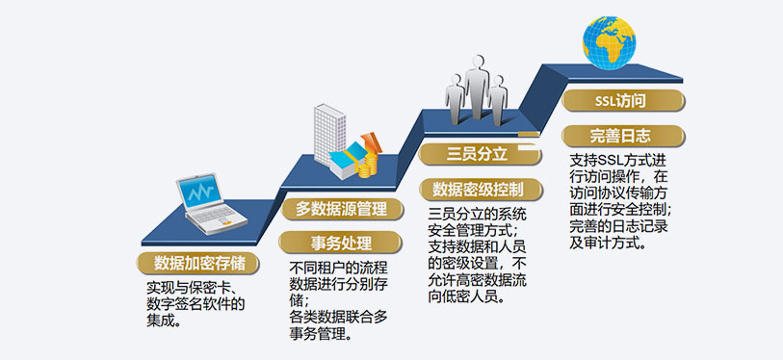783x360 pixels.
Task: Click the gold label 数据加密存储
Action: point(198,263)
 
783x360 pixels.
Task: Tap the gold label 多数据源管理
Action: point(342,209)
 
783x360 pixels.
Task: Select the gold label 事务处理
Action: point(342,243)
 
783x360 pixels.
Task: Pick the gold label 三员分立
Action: point(480,154)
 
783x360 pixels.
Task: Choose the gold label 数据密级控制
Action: point(480,190)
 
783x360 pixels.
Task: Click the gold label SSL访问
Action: point(623,100)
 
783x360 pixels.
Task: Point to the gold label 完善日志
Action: point(623,136)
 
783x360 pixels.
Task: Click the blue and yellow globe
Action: point(610,42)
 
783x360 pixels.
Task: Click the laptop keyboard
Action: point(216,215)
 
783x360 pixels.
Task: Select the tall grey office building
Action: point(329,134)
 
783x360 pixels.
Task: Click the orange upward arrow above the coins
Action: point(371,142)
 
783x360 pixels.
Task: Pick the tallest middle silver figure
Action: point(477,88)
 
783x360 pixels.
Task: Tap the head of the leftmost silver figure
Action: point(456,79)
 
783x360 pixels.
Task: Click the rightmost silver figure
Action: point(498,100)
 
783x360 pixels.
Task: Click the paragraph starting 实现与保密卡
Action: point(196,304)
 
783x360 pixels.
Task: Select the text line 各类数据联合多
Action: point(339,317)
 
